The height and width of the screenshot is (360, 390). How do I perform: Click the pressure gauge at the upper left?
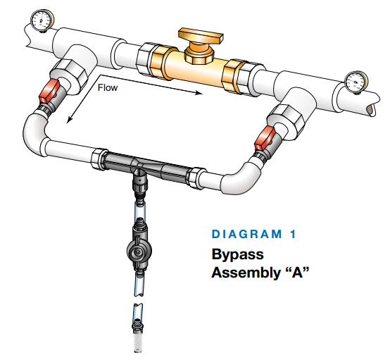(42, 20)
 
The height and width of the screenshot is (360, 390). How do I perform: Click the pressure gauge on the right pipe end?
(356, 82)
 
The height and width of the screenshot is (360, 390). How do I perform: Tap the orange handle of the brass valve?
(201, 36)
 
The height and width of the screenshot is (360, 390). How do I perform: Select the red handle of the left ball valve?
(49, 91)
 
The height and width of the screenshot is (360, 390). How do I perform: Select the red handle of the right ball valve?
(265, 138)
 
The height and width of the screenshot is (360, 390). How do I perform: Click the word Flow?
(108, 87)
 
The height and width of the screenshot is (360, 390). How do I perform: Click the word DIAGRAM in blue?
(246, 235)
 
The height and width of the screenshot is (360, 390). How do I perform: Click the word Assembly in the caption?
(246, 273)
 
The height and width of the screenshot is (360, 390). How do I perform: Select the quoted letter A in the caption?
(298, 272)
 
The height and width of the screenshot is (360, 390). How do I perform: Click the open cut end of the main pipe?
(372, 110)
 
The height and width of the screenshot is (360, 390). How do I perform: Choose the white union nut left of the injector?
(99, 159)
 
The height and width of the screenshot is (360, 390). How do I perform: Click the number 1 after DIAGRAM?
(293, 235)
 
